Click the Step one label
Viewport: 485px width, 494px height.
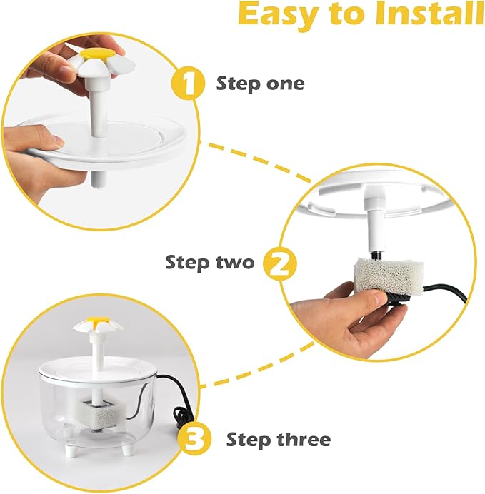tap(260, 84)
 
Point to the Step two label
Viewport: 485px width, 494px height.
tap(209, 262)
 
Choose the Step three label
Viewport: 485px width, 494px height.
tap(279, 439)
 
